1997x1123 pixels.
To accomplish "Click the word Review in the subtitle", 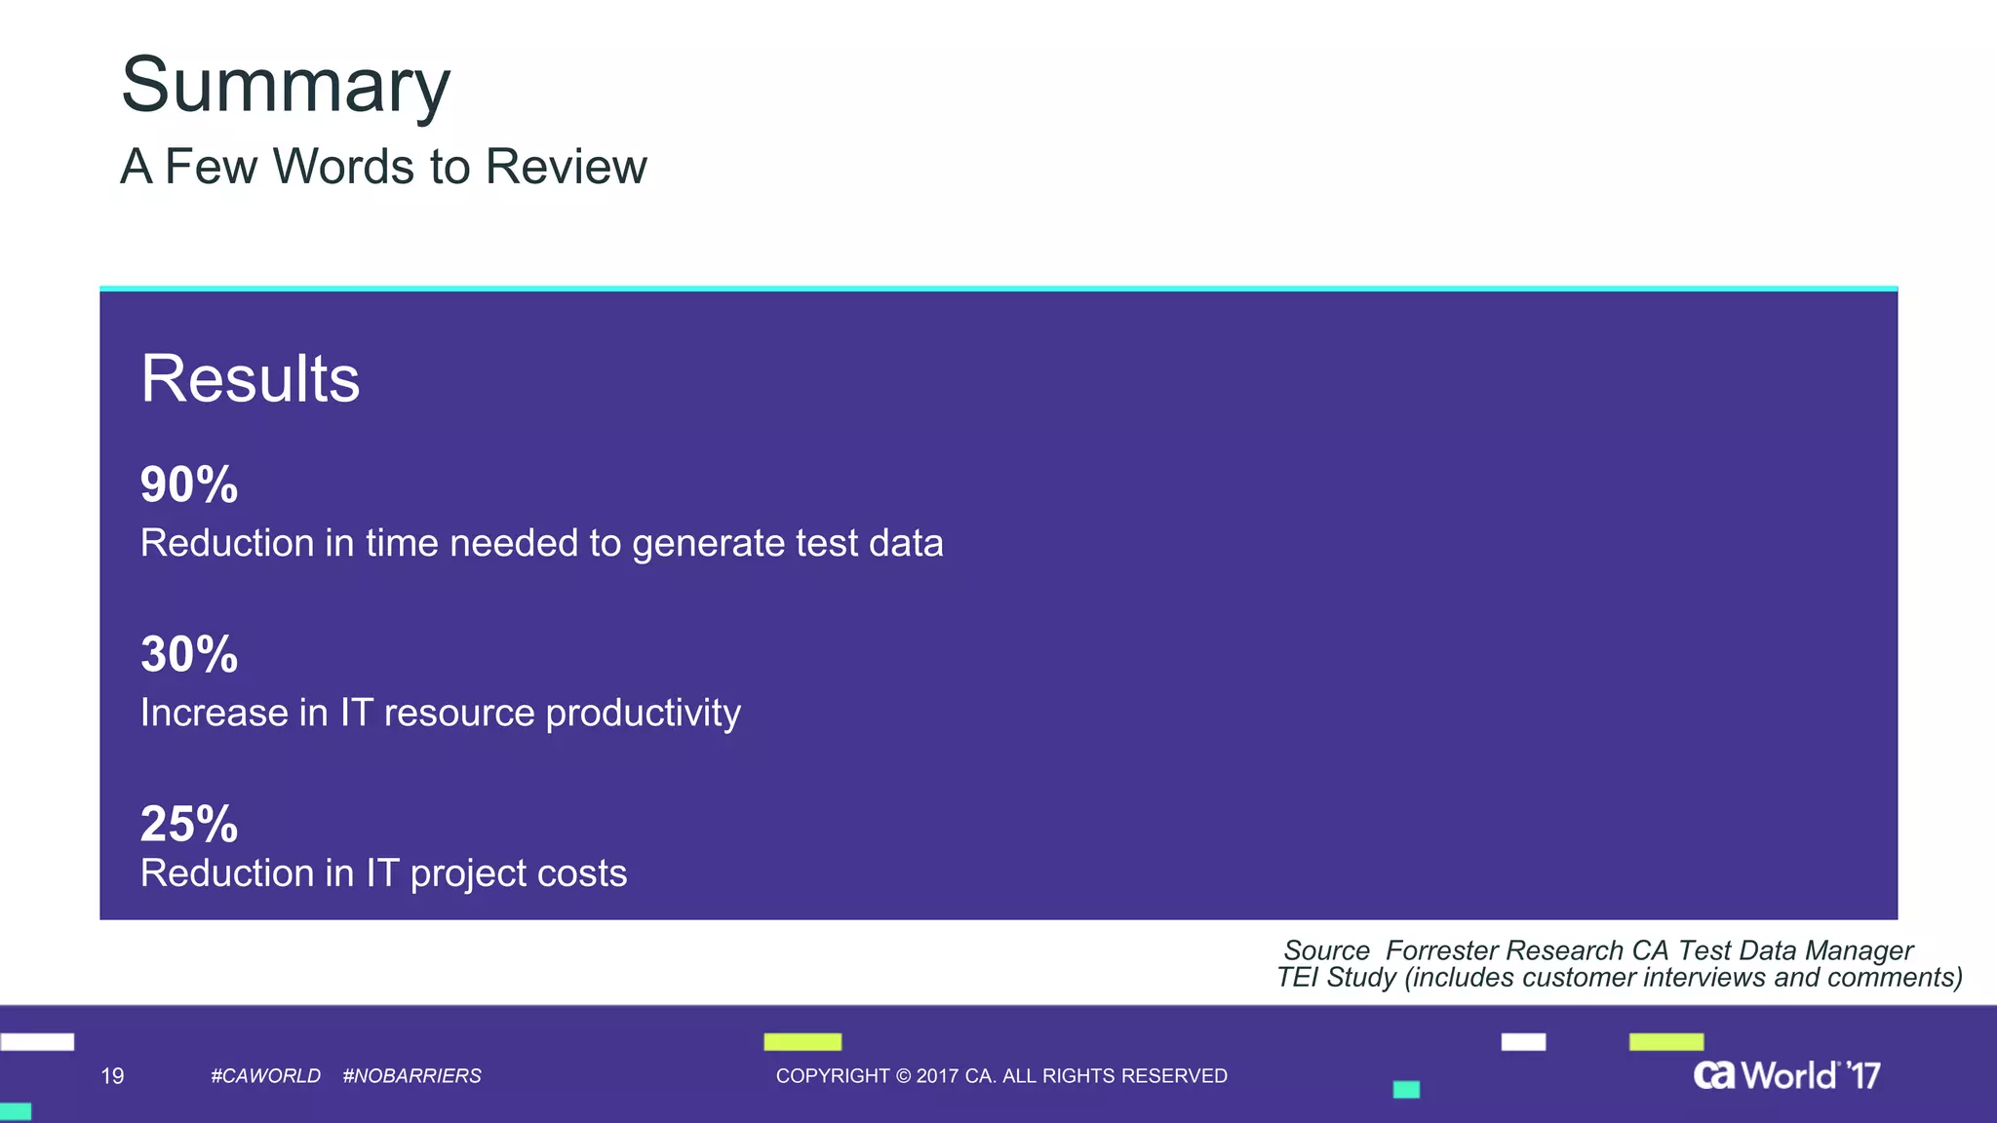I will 566,167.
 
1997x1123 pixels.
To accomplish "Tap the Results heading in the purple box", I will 251,378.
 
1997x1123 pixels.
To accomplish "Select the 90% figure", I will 189,484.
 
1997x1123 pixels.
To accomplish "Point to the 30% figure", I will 189,654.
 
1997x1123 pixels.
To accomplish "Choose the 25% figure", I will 189,824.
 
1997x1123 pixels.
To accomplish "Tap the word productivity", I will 643,714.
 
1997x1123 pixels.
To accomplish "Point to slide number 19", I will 112,1076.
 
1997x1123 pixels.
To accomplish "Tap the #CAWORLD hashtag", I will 265,1076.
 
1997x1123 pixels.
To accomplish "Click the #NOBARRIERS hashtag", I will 411,1076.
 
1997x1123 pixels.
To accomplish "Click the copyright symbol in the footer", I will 903,1076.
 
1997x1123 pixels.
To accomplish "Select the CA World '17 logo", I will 1785,1075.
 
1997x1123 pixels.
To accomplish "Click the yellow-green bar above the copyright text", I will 803,1042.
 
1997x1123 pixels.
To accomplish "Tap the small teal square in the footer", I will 1406,1090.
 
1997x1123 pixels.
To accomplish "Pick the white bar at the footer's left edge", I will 37,1042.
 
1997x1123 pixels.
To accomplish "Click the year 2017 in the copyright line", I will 937,1076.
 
